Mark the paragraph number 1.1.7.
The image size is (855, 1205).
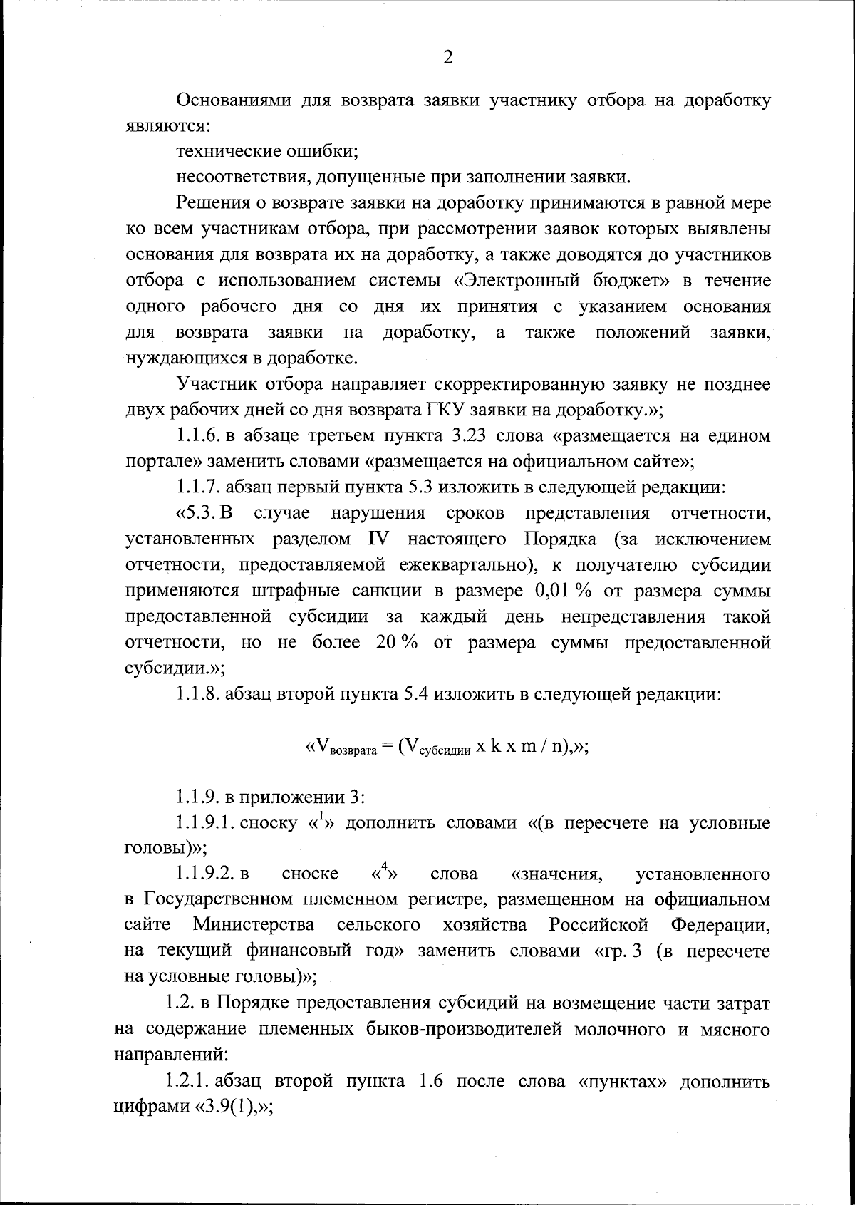pos(199,487)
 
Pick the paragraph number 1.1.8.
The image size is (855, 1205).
pos(199,694)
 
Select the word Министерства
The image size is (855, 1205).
pos(254,925)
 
